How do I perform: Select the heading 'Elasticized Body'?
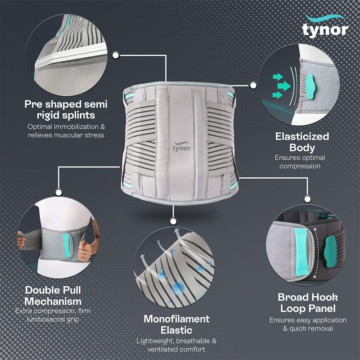click(302, 142)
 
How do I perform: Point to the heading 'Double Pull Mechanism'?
click(53, 296)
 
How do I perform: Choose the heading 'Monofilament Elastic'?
click(176, 324)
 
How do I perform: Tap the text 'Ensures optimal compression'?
click(300, 162)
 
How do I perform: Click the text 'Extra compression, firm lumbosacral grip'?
click(53, 315)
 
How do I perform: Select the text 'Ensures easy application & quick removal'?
click(308, 324)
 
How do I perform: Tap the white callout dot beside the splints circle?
click(116, 55)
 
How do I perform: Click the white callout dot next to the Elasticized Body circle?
click(253, 85)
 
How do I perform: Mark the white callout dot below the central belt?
click(173, 220)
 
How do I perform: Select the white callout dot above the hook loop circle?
click(308, 198)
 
